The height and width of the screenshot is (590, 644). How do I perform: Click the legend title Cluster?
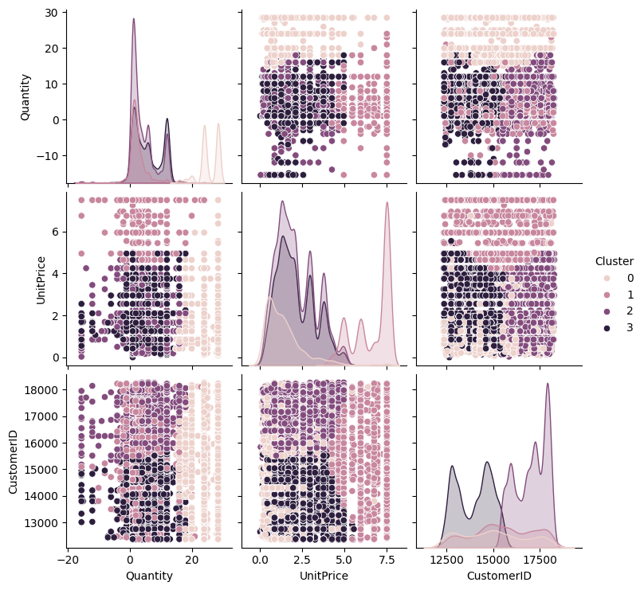pos(614,261)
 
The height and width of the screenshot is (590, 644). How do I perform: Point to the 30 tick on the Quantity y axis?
pos(53,13)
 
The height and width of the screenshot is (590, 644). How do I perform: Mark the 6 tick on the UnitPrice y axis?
pos(57,232)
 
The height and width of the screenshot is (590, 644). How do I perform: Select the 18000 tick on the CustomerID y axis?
pos(43,390)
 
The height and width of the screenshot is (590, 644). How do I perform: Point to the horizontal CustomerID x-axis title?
pos(499,576)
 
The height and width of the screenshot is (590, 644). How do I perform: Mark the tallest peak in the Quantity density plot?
pos(133,19)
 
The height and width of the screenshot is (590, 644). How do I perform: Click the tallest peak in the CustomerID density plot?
pos(548,384)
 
